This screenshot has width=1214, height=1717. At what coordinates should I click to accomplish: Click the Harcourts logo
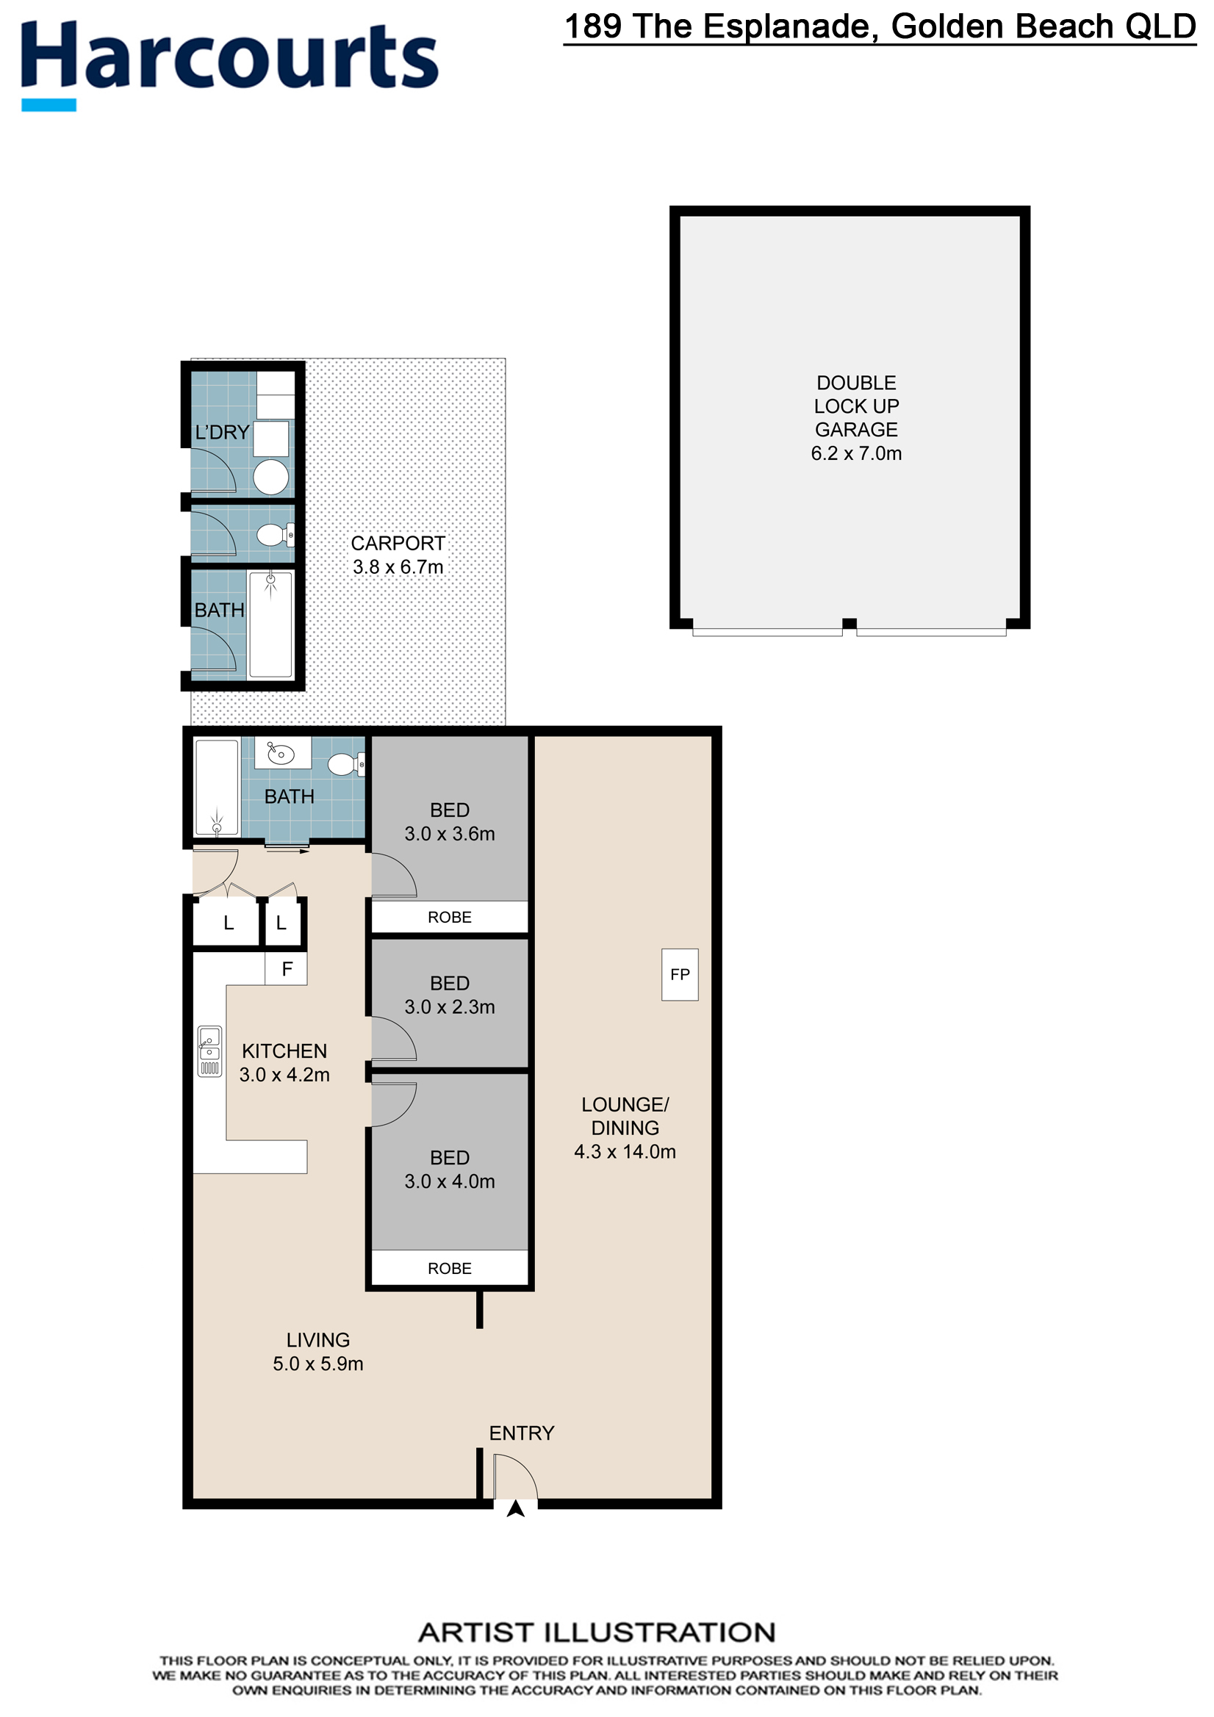[229, 65]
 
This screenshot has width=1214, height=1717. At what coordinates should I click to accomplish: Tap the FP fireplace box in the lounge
[680, 974]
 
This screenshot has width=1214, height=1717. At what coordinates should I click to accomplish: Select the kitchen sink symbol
[209, 1051]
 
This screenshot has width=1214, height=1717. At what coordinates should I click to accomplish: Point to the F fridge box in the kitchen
[287, 969]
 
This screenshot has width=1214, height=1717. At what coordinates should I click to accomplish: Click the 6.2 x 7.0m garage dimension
[855, 453]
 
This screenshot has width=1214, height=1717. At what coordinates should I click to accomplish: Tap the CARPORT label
[398, 543]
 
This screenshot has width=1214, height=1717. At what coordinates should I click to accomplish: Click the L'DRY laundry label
[221, 432]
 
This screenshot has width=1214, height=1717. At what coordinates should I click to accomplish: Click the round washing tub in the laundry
[270, 477]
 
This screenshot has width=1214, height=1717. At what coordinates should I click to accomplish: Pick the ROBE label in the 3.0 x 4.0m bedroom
[450, 1268]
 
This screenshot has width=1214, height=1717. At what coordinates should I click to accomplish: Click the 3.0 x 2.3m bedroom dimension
[450, 1007]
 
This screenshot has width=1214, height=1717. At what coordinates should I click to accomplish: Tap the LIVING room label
[318, 1340]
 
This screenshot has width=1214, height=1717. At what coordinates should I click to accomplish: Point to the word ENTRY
[521, 1433]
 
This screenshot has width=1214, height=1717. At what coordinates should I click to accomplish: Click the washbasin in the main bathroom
[282, 753]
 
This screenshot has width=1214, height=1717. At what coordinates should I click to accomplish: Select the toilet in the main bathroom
[346, 764]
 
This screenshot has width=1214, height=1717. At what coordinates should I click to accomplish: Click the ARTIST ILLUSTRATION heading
[597, 1632]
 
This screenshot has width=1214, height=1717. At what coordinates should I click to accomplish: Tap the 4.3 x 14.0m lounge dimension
[625, 1152]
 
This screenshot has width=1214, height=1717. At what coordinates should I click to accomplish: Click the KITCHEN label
[284, 1051]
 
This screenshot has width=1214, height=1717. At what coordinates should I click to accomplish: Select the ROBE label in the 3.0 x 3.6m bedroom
[450, 917]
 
